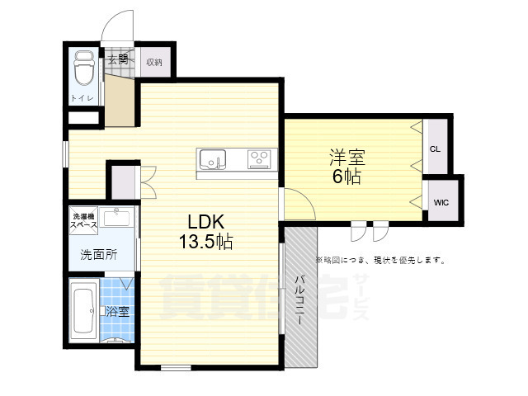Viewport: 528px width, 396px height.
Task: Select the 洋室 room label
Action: click(347, 157)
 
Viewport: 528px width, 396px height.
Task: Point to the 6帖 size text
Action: click(346, 177)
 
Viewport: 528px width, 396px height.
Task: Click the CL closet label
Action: click(436, 149)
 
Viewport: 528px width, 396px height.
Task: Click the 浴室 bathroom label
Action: click(116, 312)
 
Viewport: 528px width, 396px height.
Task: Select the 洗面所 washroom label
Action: click(98, 255)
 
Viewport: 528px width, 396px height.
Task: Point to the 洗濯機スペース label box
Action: click(84, 219)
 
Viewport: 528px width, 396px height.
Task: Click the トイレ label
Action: click(82, 99)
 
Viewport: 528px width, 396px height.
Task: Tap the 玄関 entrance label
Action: click(116, 59)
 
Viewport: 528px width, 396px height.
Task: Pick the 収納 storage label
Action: click(153, 62)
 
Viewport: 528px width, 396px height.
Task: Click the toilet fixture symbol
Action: click(83, 69)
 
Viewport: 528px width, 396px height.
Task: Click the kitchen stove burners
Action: click(259, 158)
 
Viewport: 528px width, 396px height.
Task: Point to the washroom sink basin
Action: click(120, 218)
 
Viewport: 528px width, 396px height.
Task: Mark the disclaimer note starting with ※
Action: click(380, 260)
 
